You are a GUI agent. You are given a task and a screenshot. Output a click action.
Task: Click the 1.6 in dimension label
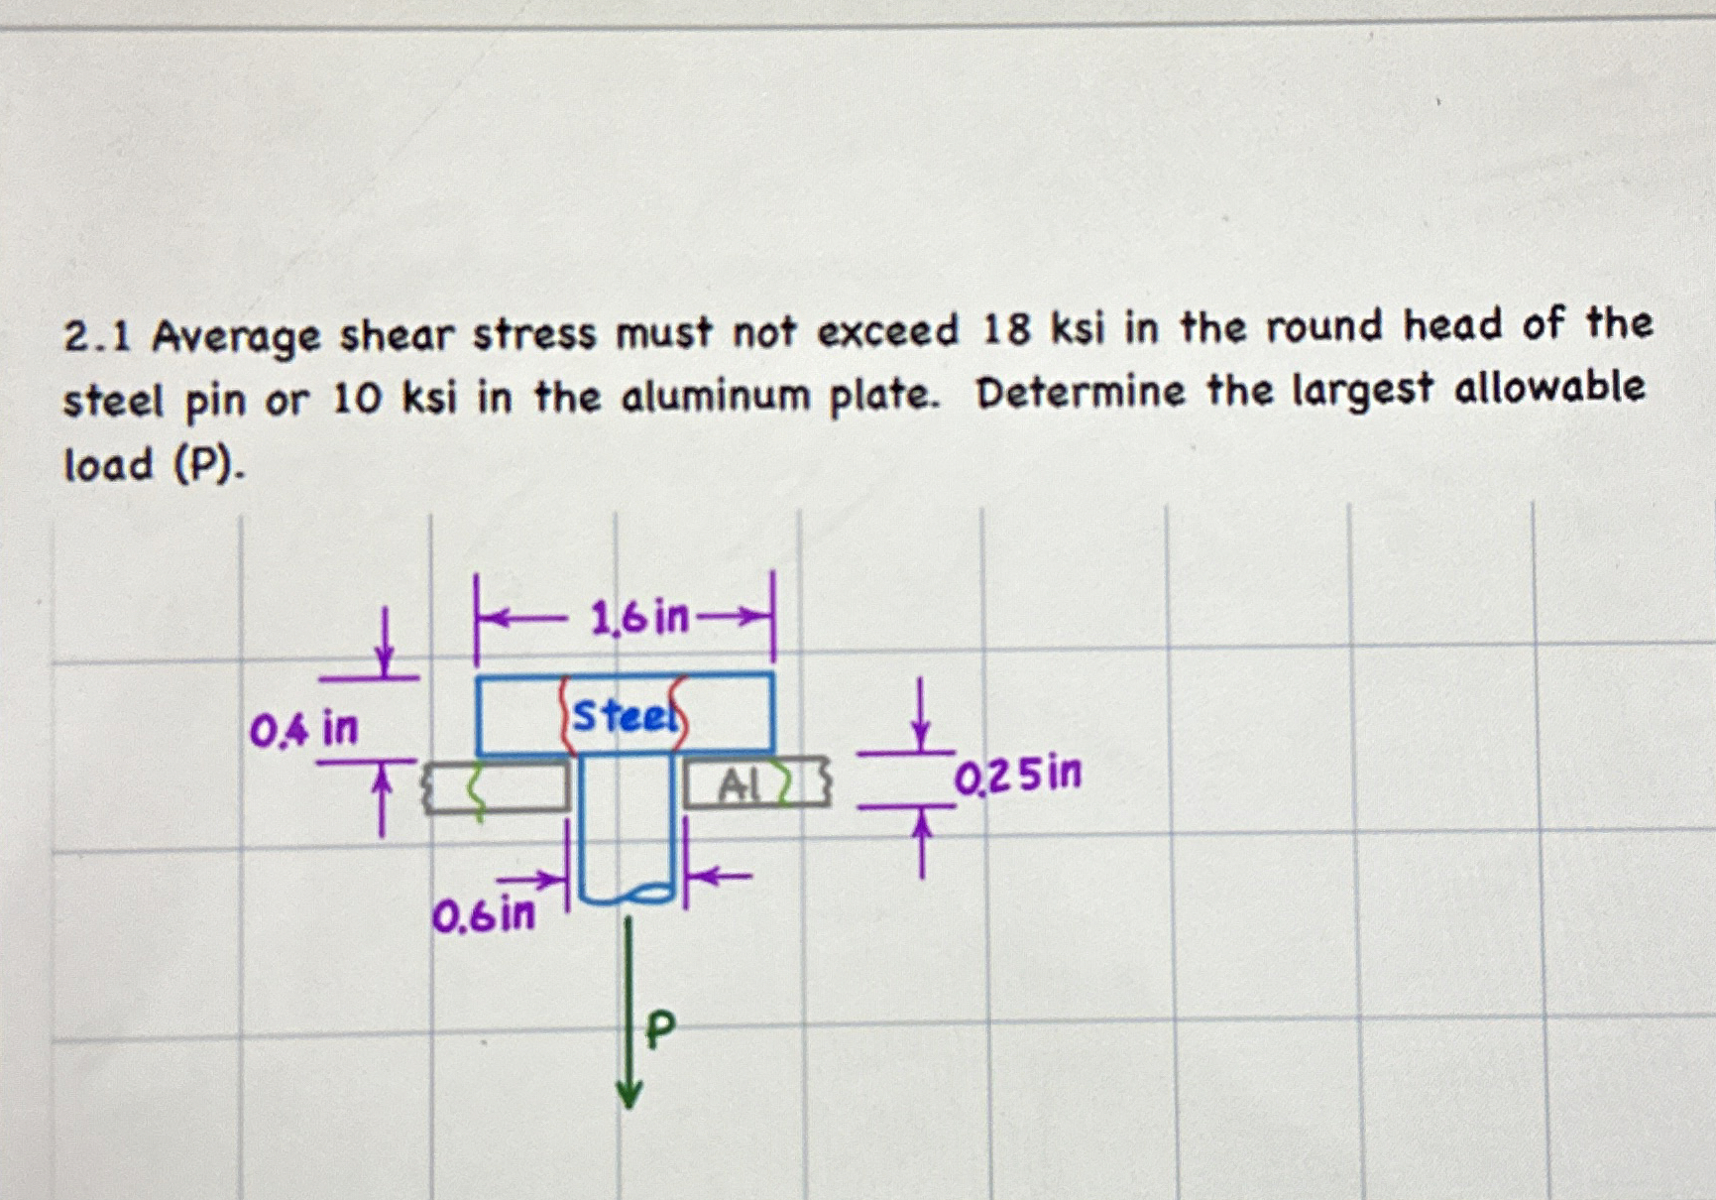[638, 619]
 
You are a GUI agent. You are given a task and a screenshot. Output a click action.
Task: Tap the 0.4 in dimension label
[302, 730]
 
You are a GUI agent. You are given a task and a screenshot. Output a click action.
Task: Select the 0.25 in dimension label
[1018, 775]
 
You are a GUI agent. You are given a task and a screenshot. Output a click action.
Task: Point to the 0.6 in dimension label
[483, 914]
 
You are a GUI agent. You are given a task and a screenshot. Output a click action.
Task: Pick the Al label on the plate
[739, 786]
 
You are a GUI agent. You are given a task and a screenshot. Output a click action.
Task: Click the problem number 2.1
[97, 338]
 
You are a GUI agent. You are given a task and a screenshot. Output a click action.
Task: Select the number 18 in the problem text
[1006, 330]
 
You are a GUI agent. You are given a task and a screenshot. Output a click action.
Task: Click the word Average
[236, 338]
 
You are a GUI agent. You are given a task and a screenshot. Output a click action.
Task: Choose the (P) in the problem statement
[208, 464]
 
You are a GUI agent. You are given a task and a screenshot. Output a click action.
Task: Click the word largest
[1363, 390]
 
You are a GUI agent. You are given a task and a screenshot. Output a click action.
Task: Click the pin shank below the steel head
[627, 828]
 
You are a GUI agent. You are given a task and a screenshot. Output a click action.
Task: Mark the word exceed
[887, 331]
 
